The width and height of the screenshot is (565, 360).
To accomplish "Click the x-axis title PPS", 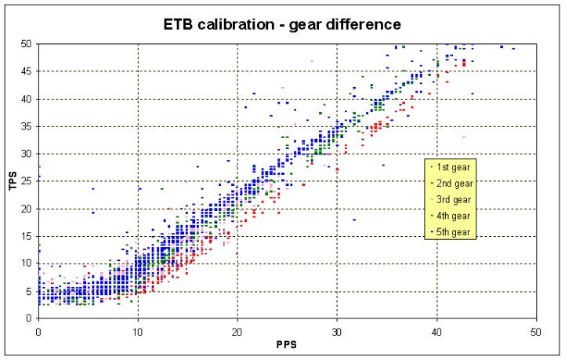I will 287,344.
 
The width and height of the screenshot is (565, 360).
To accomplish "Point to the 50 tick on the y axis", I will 28,44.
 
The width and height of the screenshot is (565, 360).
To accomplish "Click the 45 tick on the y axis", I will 28,71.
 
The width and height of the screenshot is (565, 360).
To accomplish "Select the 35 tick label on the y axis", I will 28,126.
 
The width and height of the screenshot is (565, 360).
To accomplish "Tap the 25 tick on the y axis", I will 28,181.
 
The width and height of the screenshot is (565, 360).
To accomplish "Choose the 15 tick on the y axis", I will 28,236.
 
